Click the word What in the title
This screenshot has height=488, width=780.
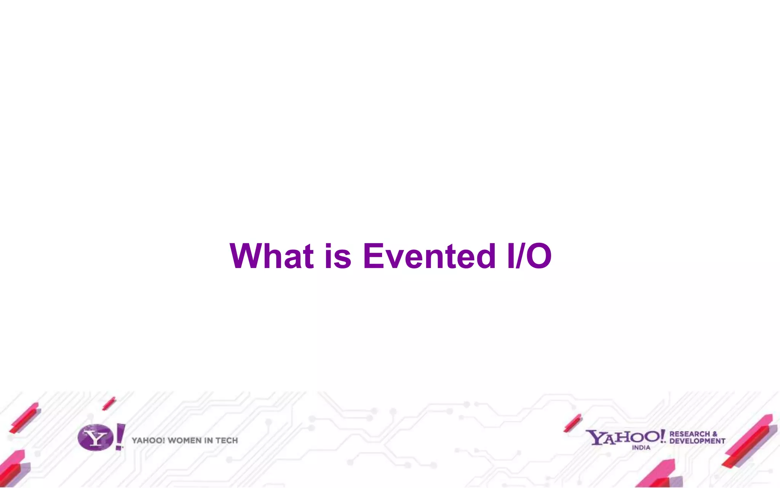pyautogui.click(x=272, y=256)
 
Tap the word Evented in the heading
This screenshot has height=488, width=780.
pyautogui.click(x=429, y=256)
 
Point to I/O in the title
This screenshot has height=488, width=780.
pyautogui.click(x=529, y=256)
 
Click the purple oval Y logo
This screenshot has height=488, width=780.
pyautogui.click(x=95, y=438)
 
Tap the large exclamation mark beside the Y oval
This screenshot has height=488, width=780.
pyautogui.click(x=120, y=436)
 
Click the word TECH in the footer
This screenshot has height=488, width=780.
pyautogui.click(x=227, y=441)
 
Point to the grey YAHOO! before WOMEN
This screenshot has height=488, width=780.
pyautogui.click(x=149, y=441)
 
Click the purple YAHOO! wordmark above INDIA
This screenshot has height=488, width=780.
pyautogui.click(x=625, y=437)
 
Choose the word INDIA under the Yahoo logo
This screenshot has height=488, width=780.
pyautogui.click(x=641, y=448)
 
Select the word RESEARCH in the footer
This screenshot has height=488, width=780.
pyautogui.click(x=689, y=434)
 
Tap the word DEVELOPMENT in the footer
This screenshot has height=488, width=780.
pyautogui.click(x=697, y=441)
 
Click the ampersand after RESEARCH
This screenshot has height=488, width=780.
pyautogui.click(x=714, y=434)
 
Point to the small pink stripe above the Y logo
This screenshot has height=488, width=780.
pyautogui.click(x=109, y=403)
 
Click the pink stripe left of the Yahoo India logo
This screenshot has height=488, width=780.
pyautogui.click(x=572, y=423)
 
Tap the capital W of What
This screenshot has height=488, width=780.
pyautogui.click(x=245, y=256)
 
